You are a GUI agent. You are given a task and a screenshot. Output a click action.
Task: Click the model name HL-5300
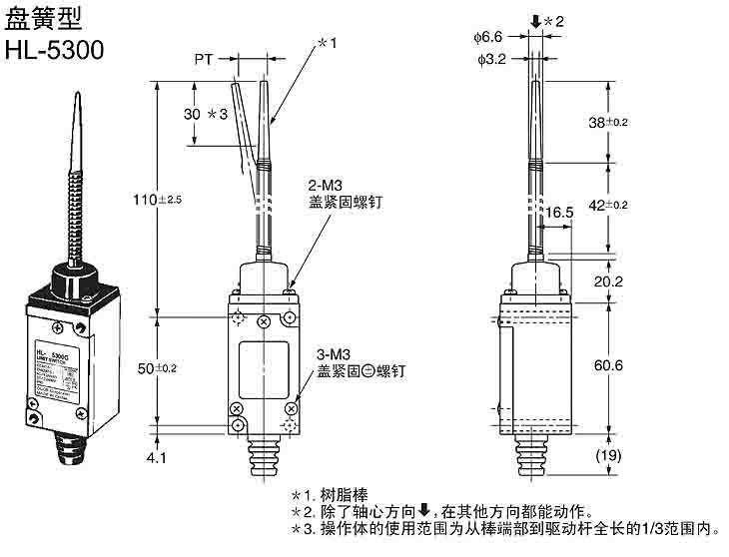(x=55, y=50)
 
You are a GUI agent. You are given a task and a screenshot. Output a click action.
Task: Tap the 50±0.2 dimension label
(x=155, y=368)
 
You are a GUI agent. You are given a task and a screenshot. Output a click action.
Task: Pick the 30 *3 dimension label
(x=206, y=114)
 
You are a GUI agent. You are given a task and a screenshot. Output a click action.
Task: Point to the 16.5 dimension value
(x=559, y=212)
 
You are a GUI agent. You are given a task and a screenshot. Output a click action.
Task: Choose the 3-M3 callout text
(x=334, y=354)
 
